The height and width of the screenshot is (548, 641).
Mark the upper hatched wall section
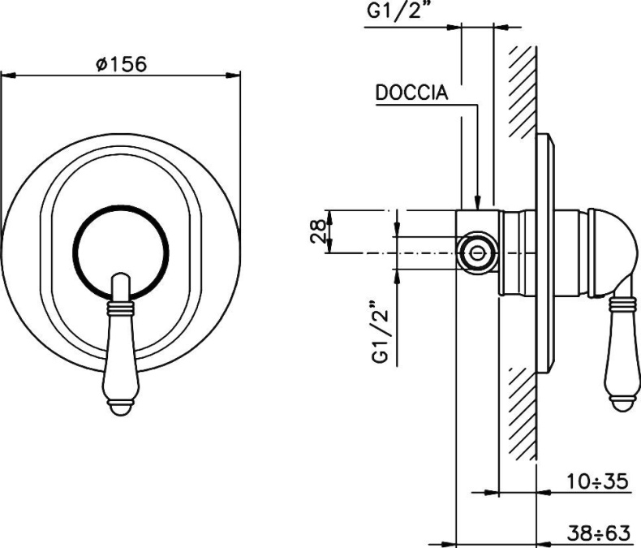click(520, 89)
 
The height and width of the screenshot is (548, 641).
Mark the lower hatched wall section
click(520, 414)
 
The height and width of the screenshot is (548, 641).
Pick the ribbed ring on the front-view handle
click(119, 309)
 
